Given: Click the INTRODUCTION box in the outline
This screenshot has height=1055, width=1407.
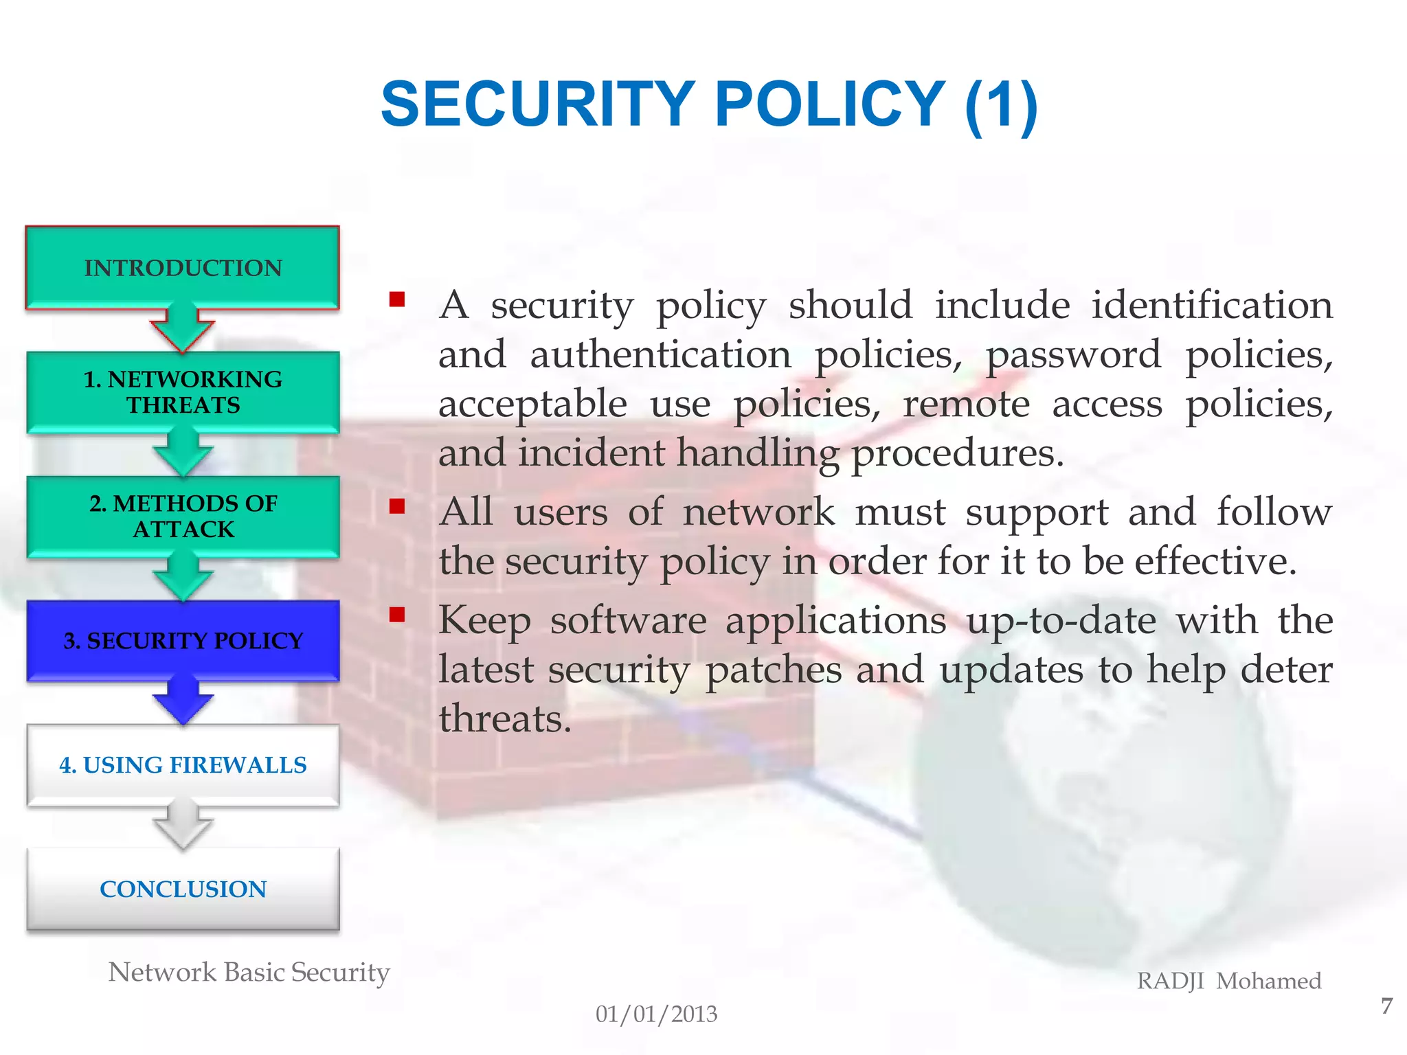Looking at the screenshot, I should click(183, 267).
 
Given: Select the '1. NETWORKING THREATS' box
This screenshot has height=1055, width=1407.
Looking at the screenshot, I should click(183, 392).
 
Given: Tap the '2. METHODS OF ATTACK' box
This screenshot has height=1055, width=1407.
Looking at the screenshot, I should click(183, 517).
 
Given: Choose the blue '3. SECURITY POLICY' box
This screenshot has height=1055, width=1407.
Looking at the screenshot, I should click(183, 640).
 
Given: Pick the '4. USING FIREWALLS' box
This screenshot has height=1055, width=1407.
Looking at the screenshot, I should click(183, 764).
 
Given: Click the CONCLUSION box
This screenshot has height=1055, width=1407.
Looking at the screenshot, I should click(183, 889).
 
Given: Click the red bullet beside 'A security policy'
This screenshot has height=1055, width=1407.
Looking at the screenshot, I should click(397, 299).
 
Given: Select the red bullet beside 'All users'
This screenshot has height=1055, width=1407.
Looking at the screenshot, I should click(397, 507).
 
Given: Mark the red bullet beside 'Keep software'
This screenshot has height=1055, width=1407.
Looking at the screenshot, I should click(397, 615).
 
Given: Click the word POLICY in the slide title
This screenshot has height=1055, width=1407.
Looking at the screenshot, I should click(830, 104).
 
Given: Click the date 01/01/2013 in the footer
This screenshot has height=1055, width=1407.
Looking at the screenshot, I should click(656, 1014).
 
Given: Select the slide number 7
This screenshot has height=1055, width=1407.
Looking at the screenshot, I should click(1386, 1006).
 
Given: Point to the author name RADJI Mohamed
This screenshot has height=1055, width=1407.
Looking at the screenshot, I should click(1229, 981).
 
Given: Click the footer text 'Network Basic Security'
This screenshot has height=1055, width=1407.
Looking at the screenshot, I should click(249, 973).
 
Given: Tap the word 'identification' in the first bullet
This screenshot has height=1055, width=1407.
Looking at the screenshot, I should click(1212, 305).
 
